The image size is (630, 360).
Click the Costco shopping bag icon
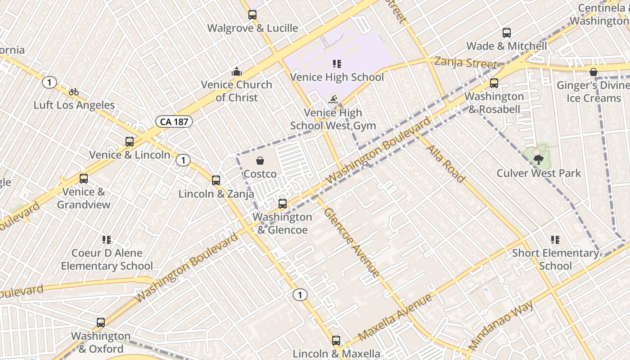(260, 161)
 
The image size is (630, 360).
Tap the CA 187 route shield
(174, 121)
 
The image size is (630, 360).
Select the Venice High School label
(337, 77)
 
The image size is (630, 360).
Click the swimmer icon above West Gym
(333, 99)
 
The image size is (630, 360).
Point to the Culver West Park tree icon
(538, 159)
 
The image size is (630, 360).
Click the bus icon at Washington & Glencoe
(282, 204)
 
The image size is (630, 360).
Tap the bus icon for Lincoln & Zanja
(216, 180)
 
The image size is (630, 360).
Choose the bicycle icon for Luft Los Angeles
(74, 92)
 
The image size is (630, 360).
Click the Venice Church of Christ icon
(236, 72)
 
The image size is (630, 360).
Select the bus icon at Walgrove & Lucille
(252, 15)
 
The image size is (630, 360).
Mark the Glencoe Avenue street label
(351, 242)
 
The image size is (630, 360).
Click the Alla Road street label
(445, 164)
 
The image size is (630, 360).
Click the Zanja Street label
(466, 63)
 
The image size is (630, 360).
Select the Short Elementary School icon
(555, 240)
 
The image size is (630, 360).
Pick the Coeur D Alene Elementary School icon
(107, 240)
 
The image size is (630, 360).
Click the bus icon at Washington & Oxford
(101, 323)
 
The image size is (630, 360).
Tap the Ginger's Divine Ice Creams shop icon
(594, 72)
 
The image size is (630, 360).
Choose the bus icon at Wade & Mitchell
(507, 33)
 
